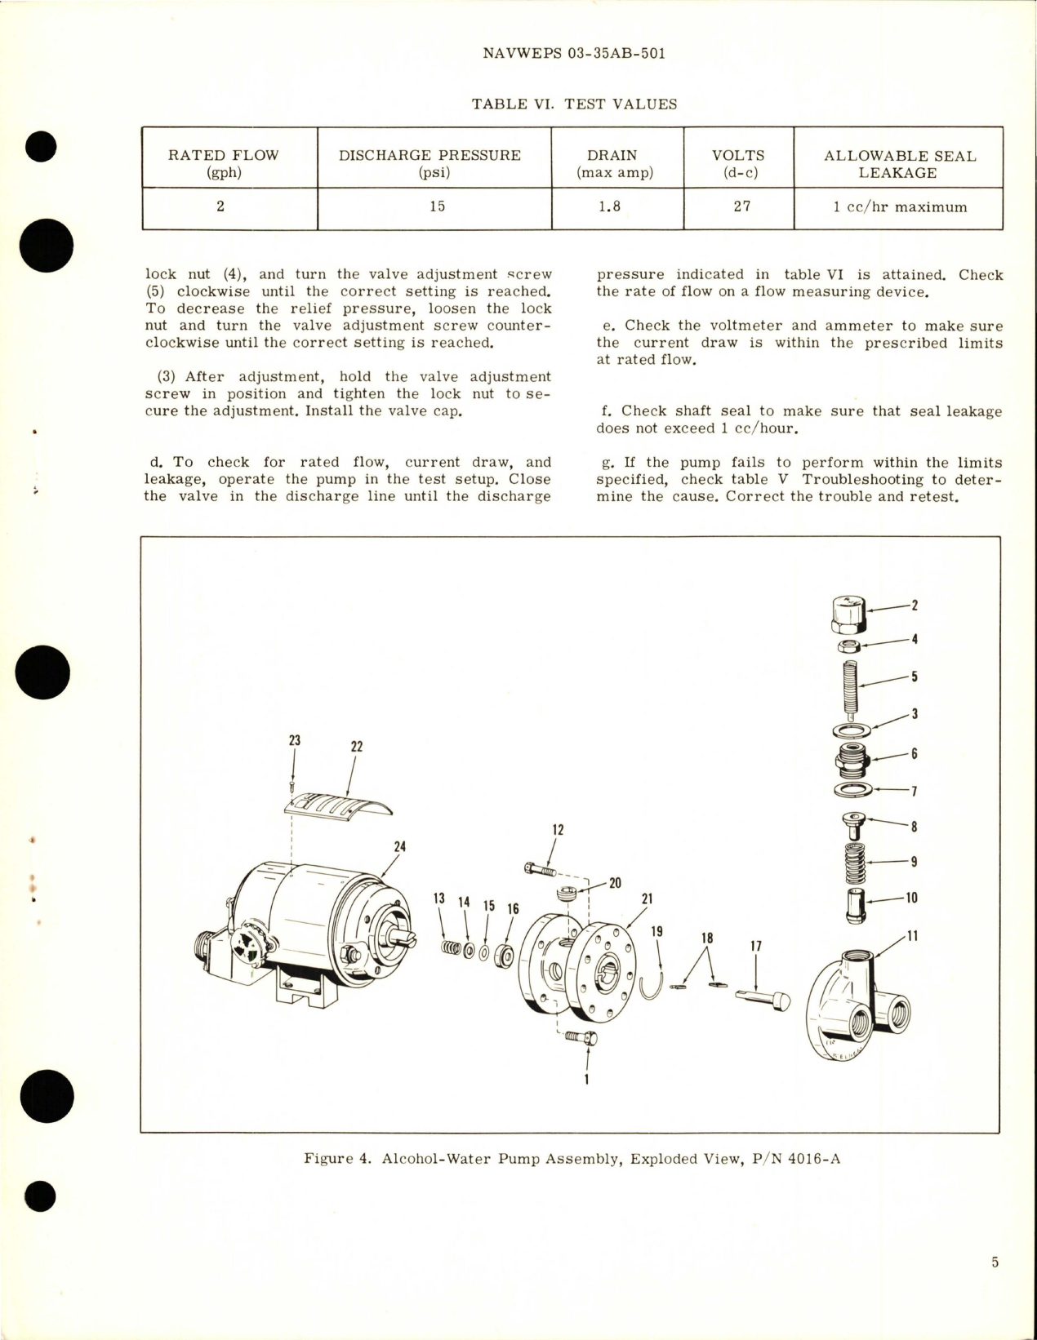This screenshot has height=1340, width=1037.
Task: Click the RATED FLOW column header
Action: (223, 162)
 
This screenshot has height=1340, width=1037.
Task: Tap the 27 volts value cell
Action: (741, 206)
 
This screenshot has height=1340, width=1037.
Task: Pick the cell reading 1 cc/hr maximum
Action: (900, 207)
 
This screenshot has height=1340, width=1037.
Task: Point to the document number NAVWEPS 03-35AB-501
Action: (574, 53)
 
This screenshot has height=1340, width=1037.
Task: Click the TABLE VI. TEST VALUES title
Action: (574, 104)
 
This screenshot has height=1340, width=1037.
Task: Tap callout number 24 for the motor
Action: (399, 847)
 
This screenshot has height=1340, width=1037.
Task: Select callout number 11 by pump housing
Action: (912, 936)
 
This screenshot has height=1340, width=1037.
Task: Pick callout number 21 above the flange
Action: (647, 899)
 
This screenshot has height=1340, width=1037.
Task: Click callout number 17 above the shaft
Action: (755, 946)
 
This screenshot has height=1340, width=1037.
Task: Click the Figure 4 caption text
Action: (572, 1158)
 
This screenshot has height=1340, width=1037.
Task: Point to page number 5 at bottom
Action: (995, 1262)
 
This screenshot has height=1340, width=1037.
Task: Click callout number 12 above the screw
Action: (558, 830)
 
